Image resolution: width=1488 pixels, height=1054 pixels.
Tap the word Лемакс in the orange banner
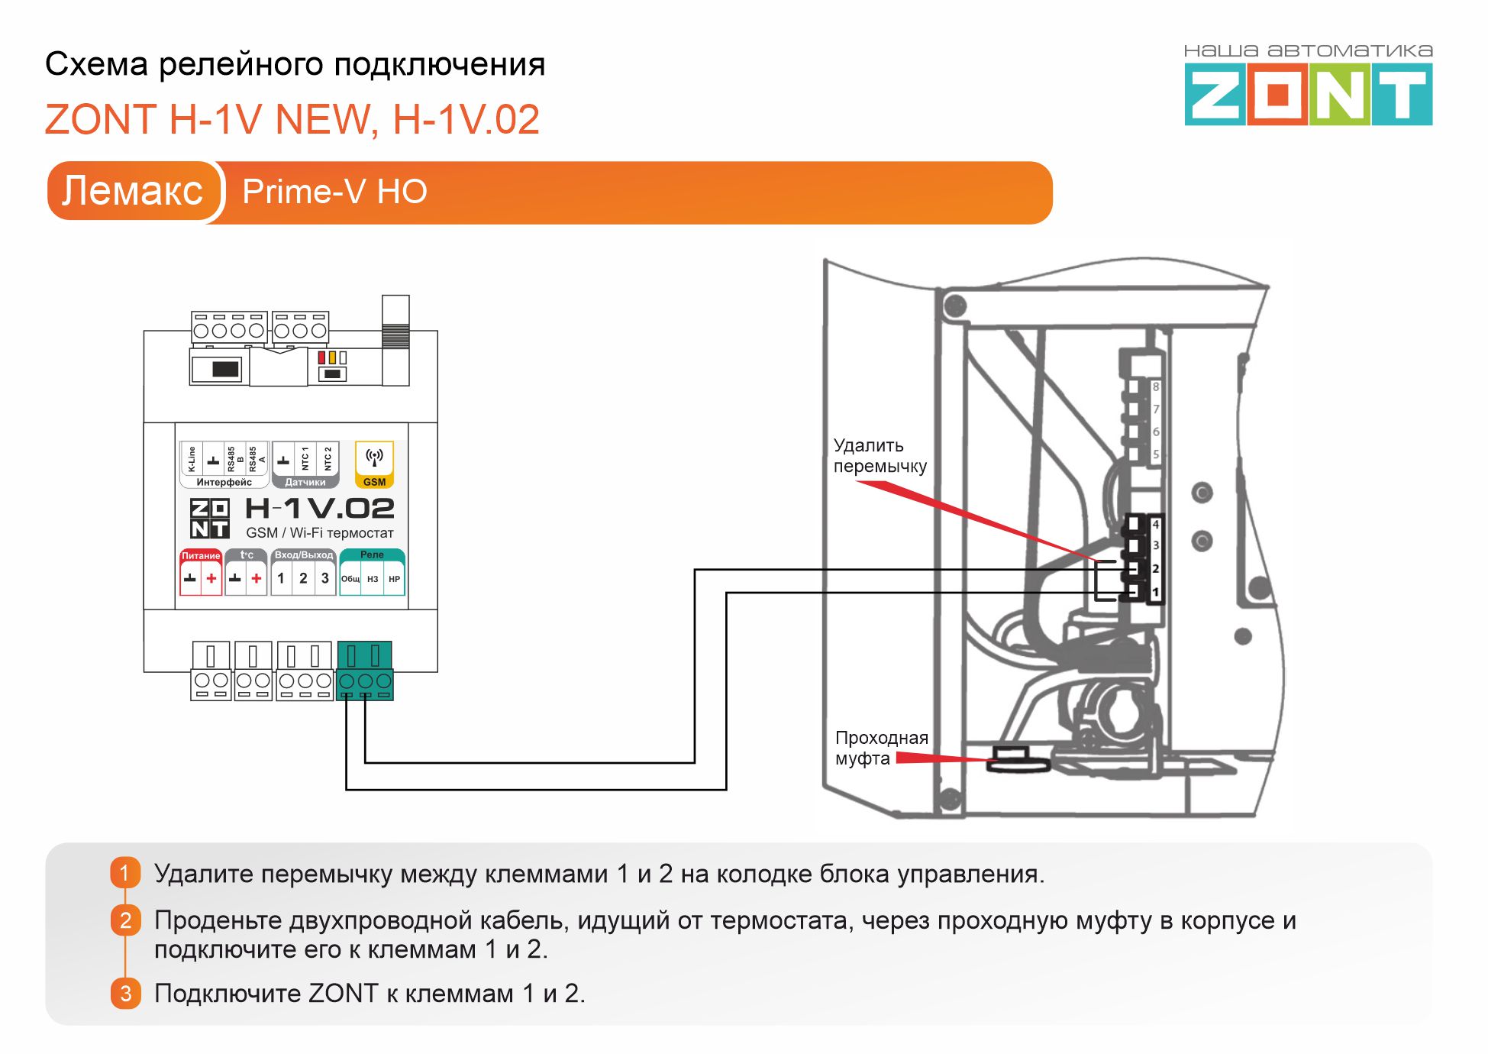[132, 191]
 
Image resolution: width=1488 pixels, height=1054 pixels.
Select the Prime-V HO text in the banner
[334, 192]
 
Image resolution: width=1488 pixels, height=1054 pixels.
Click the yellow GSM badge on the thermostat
[374, 464]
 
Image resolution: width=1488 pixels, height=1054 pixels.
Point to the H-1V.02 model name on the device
[319, 509]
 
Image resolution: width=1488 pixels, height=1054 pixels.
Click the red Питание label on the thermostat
[201, 555]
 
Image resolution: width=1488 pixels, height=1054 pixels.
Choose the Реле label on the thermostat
[372, 554]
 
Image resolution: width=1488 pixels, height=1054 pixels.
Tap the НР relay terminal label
[394, 579]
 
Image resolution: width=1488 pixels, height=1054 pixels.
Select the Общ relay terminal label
[350, 579]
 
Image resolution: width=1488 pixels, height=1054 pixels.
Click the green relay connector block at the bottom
[365, 671]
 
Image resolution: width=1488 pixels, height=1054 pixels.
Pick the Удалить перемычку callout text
[880, 456]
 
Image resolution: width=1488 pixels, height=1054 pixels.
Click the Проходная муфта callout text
[881, 748]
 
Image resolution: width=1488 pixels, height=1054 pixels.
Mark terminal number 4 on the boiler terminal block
[1155, 525]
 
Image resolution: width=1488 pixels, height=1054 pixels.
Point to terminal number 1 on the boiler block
[1155, 593]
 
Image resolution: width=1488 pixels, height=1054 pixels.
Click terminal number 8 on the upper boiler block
[1156, 387]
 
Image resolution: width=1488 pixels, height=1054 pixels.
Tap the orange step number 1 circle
[125, 873]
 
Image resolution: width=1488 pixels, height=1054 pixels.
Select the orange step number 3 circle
[125, 993]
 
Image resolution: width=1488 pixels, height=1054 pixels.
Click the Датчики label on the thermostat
[305, 482]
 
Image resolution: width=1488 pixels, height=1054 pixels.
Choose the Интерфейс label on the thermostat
[224, 482]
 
